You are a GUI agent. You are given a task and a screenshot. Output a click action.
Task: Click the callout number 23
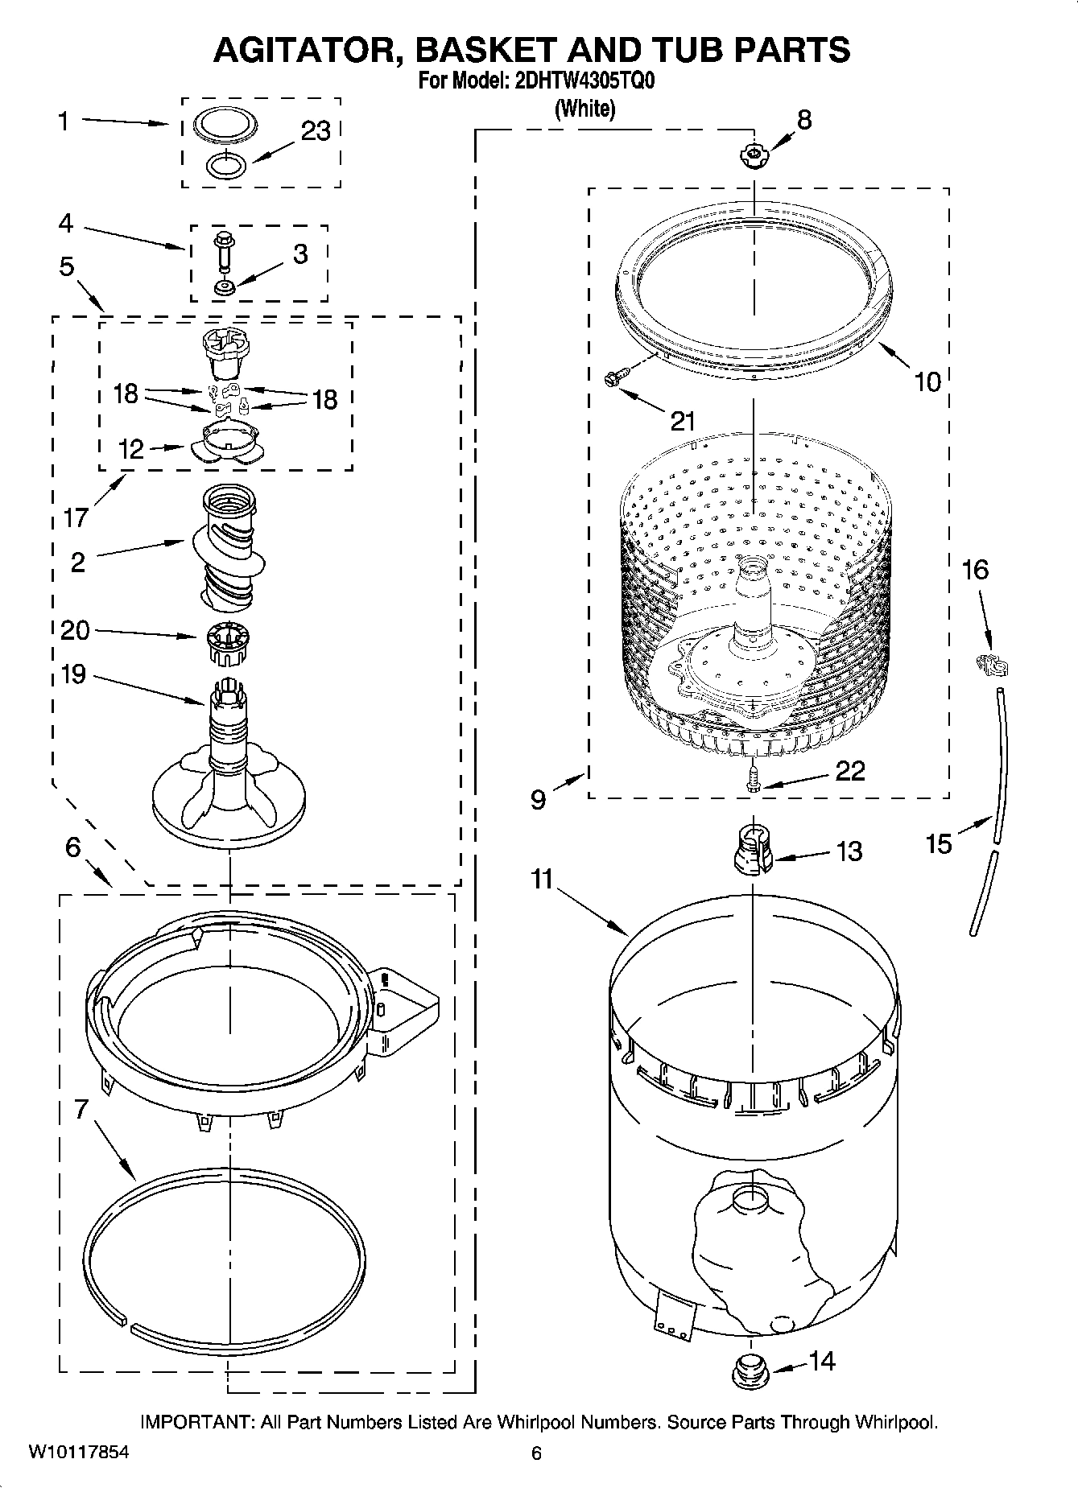coord(316,131)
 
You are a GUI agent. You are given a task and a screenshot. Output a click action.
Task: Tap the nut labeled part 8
coord(754,155)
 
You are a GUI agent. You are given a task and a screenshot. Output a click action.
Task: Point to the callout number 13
coord(849,851)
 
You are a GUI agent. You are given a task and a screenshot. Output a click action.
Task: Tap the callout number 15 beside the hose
coord(939,843)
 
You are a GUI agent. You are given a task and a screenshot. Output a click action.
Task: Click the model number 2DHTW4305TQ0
coord(585,83)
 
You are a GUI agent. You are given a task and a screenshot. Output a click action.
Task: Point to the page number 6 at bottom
coord(536,1453)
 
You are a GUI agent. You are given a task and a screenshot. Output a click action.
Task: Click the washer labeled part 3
coord(223,286)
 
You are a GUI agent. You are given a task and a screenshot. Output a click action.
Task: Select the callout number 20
coord(75,629)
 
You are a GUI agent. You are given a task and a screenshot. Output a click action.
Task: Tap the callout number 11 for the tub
coord(542,879)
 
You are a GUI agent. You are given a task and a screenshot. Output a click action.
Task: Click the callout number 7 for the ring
coord(81,1109)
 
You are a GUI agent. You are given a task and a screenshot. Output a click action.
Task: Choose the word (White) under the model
coord(585,109)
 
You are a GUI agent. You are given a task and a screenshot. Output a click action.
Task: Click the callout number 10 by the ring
coord(927,381)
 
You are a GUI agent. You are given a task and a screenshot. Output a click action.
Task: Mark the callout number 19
coord(73,674)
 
